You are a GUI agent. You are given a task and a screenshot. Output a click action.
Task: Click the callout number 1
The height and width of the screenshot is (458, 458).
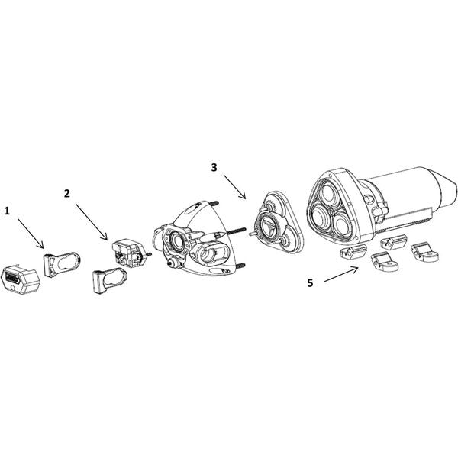(8, 208)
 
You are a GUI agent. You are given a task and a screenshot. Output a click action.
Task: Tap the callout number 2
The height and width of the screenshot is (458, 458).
(67, 194)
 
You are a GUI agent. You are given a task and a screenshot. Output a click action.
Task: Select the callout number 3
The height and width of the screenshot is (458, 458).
(214, 166)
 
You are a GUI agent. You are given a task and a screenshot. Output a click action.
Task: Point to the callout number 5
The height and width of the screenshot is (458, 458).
(310, 282)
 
